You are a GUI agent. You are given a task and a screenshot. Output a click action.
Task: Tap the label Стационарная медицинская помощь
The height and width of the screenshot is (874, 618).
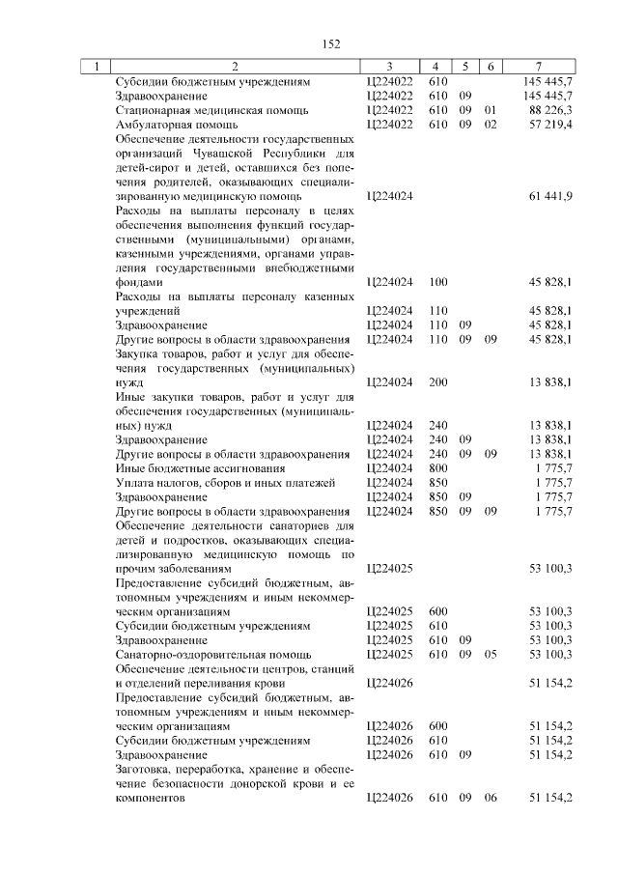click(x=193, y=109)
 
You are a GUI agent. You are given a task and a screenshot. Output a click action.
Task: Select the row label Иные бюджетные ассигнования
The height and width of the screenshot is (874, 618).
click(x=190, y=467)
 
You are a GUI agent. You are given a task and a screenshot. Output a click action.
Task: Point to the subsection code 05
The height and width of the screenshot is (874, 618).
click(x=491, y=654)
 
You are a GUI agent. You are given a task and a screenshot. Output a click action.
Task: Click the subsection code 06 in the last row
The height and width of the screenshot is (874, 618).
click(x=491, y=798)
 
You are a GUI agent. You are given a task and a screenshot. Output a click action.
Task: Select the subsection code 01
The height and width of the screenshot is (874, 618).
click(x=491, y=109)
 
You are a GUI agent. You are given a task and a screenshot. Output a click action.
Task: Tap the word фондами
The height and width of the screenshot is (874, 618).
click(x=137, y=282)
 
